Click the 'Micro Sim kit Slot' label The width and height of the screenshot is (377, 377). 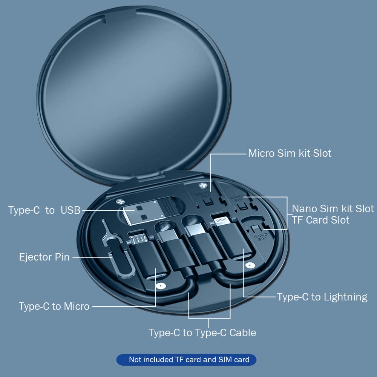point(290,153)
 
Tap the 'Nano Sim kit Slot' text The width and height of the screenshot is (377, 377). point(333,208)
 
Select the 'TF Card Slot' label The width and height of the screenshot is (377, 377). point(320,220)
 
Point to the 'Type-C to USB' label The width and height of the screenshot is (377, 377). point(44,210)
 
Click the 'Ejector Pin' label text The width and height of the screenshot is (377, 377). point(44,257)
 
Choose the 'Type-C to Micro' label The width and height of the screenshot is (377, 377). point(54,306)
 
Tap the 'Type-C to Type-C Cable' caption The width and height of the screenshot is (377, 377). point(202,333)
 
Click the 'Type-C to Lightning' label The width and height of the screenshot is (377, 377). point(322,297)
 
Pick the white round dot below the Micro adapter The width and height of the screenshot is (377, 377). point(160,286)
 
